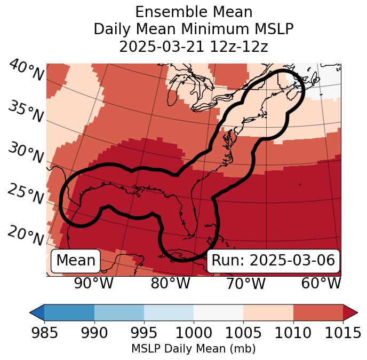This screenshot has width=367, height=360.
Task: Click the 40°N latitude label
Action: pyautogui.click(x=26, y=71)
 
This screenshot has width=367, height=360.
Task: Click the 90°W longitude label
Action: pyautogui.click(x=93, y=284)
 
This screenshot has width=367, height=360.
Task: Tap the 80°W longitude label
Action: pyautogui.click(x=170, y=284)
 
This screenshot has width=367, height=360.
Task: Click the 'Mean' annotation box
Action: pyautogui.click(x=76, y=261)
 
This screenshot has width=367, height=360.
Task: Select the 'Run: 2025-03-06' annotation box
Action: pyautogui.click(x=273, y=261)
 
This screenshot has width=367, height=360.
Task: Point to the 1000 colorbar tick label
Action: pyautogui.click(x=194, y=333)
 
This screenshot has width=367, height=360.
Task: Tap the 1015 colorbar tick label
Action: pyautogui.click(x=343, y=333)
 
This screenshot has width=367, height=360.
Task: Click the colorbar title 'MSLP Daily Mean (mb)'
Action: pyautogui.click(x=193, y=349)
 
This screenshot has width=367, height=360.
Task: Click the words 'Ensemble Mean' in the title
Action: pyautogui.click(x=193, y=12)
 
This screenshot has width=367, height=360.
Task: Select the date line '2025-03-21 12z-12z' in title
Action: pyautogui.click(x=193, y=46)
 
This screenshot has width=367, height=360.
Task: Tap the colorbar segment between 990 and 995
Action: pyautogui.click(x=119, y=312)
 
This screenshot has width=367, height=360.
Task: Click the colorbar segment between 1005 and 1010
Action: pyautogui.click(x=268, y=312)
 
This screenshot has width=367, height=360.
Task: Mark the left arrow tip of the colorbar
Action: pyautogui.click(x=31, y=312)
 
